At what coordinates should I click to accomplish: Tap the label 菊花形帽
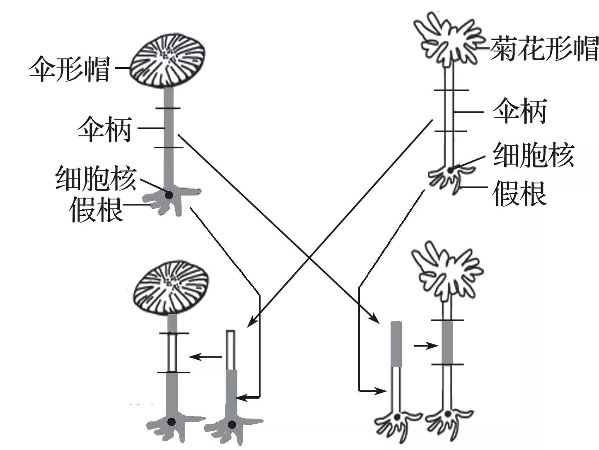pyautogui.click(x=543, y=49)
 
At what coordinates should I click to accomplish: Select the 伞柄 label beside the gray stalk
pyautogui.click(x=105, y=129)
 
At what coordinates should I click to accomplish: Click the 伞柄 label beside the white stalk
pyautogui.click(x=520, y=111)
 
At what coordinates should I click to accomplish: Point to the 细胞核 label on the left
pyautogui.click(x=96, y=178)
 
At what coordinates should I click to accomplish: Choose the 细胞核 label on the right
pyautogui.click(x=534, y=155)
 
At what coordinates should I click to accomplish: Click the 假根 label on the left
pyautogui.click(x=96, y=209)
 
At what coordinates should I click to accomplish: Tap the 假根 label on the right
pyautogui.click(x=519, y=194)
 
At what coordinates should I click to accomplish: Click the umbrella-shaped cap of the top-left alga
pyautogui.click(x=168, y=60)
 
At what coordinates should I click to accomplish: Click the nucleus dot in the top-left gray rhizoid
pyautogui.click(x=169, y=195)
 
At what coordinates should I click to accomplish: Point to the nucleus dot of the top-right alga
pyautogui.click(x=451, y=170)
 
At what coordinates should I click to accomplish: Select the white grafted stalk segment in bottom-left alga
pyautogui.click(x=172, y=353)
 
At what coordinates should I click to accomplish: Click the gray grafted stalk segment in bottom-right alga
pyautogui.click(x=447, y=342)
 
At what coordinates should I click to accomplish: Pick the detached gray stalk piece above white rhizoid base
pyautogui.click(x=396, y=344)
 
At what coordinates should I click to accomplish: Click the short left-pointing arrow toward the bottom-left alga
pyautogui.click(x=205, y=357)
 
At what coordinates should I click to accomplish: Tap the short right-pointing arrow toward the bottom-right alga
pyautogui.click(x=426, y=346)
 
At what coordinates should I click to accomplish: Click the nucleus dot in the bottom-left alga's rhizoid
pyautogui.click(x=171, y=422)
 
